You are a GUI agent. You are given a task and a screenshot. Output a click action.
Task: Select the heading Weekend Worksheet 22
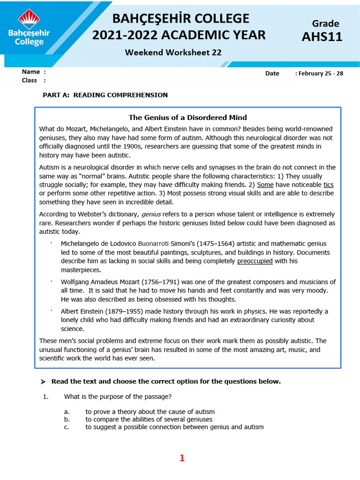point(173,52)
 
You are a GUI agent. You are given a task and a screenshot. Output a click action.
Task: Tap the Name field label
point(31,72)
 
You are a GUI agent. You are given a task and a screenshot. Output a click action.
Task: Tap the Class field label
point(30,80)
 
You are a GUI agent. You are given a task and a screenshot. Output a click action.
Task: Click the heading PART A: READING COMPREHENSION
point(105,95)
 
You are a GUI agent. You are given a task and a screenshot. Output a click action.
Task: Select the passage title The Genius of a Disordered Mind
point(187,117)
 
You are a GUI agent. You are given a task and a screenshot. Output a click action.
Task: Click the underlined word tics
point(328,185)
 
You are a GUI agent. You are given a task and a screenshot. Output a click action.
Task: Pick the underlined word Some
point(265,185)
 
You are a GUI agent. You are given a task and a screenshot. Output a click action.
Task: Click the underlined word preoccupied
point(255,261)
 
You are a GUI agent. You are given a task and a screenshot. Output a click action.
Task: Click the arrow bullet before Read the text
point(43,382)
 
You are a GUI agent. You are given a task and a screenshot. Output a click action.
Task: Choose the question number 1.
point(46,397)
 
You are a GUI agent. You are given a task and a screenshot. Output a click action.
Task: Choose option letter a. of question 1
point(67,412)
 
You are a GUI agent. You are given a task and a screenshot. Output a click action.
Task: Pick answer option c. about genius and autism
point(174,427)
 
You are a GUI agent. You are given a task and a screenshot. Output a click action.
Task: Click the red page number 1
point(182,458)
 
